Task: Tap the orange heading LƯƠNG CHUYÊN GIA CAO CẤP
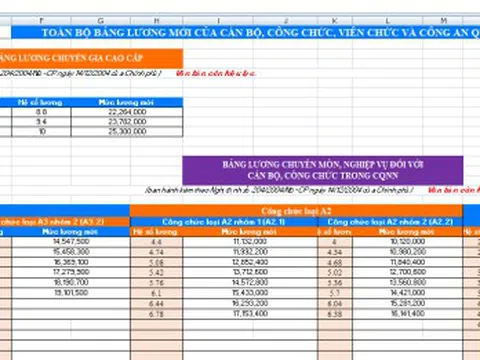pyautogui.click(x=65, y=58)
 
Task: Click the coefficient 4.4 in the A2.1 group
pyautogui.click(x=155, y=241)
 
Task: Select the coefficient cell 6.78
pyautogui.click(x=155, y=313)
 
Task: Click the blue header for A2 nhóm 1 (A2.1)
pyautogui.click(x=215, y=220)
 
